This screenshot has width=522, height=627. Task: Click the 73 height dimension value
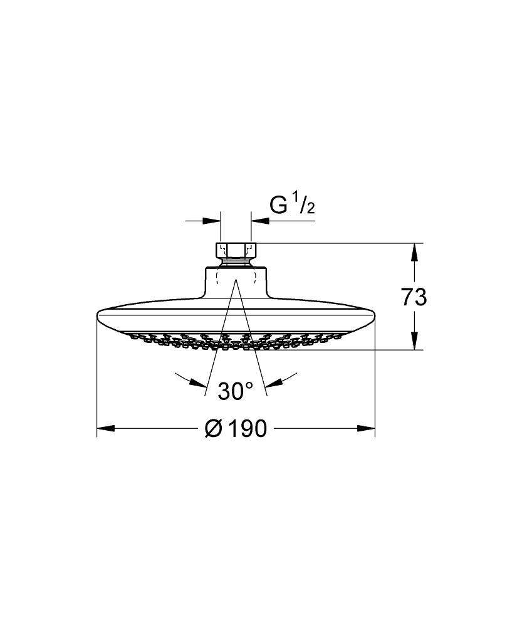414,297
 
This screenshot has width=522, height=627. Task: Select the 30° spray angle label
236,391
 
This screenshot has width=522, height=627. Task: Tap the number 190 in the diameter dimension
246,429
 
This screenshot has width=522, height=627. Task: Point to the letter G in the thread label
279,205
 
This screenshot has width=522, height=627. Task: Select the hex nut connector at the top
236,250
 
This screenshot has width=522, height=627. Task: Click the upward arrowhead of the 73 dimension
414,252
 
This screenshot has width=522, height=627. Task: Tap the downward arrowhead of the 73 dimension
414,340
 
